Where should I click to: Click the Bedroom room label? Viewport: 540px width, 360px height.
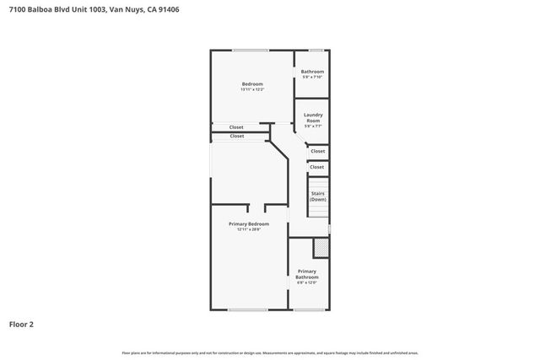[x=252, y=83]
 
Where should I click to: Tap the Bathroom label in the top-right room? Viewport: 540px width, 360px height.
[x=313, y=72]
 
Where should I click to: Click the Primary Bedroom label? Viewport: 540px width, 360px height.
[x=249, y=223]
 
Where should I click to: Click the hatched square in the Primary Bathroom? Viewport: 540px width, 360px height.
[x=321, y=249]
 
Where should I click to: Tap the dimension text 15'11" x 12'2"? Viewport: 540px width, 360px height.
[x=252, y=89]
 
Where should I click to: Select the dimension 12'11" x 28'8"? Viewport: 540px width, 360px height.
[x=249, y=229]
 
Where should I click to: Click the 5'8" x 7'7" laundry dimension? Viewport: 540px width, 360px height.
[x=313, y=126]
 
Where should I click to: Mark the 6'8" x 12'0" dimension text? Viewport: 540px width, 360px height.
[x=307, y=282]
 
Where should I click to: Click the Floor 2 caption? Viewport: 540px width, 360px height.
[x=21, y=323]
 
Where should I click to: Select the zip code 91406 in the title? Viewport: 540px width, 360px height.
[x=168, y=10]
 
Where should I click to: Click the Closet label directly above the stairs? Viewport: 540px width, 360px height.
[x=316, y=167]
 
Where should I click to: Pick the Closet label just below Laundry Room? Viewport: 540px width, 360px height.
[x=317, y=151]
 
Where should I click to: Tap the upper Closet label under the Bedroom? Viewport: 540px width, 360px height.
[x=236, y=127]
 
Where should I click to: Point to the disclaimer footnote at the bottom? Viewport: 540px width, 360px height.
[x=270, y=352]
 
